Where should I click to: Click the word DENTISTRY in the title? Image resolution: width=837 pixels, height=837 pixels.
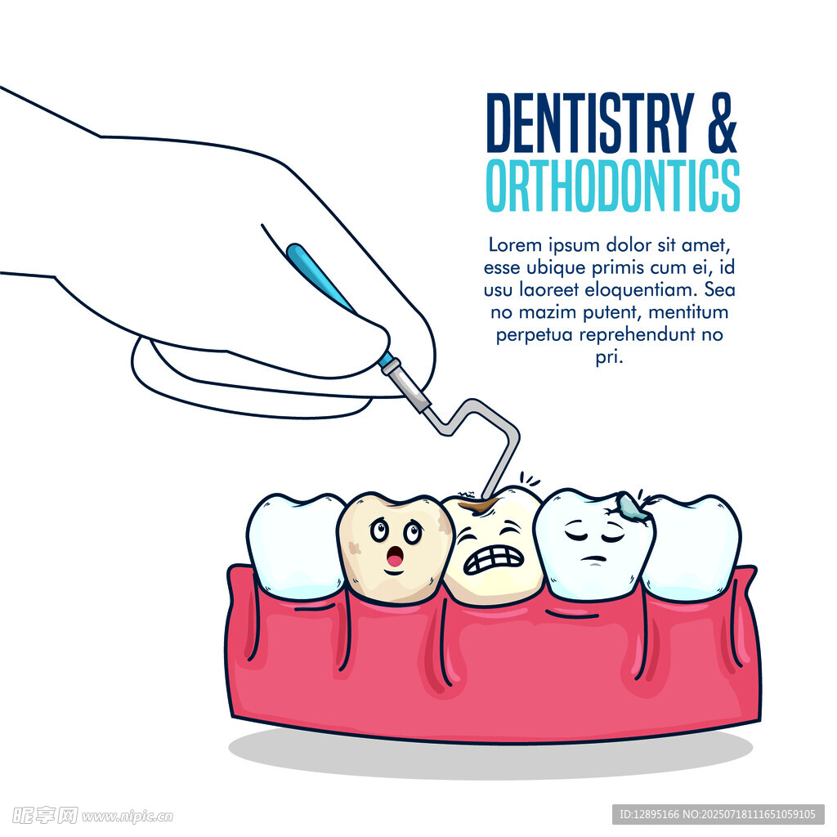click(590, 123)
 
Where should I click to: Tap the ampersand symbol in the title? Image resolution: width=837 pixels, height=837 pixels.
click(723, 123)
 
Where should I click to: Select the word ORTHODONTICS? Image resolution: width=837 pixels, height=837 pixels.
click(613, 186)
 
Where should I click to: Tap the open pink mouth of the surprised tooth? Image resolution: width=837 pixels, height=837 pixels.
click(395, 557)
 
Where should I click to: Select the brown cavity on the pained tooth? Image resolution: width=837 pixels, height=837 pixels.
click(481, 505)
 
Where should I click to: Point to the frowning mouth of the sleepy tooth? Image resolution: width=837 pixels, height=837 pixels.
click(593, 559)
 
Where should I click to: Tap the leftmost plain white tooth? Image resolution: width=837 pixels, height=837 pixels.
click(294, 545)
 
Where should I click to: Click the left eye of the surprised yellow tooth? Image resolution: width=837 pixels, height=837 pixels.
click(379, 530)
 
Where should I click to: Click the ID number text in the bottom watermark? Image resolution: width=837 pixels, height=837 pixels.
click(649, 814)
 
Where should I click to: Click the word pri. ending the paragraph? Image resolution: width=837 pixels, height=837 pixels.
click(609, 358)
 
